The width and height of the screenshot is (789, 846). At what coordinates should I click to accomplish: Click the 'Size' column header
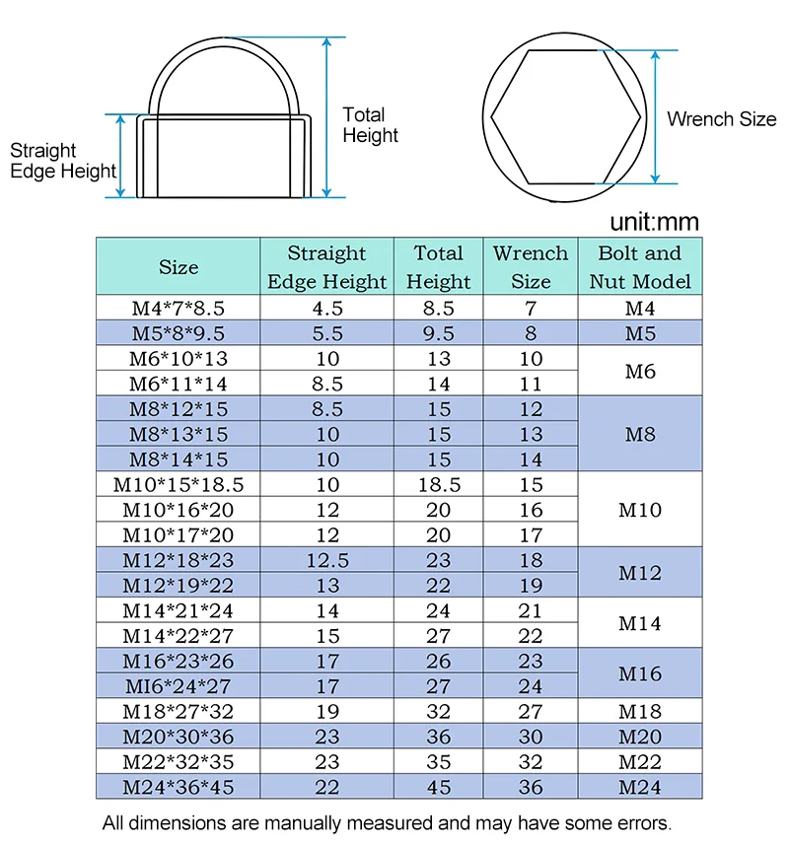point(179,267)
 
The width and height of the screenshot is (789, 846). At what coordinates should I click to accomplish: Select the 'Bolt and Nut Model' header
point(640,267)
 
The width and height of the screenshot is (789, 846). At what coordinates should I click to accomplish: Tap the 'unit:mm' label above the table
point(654,222)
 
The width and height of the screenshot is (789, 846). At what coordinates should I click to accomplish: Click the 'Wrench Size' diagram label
point(722,118)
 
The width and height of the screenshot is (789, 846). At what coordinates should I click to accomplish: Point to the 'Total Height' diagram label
point(370,124)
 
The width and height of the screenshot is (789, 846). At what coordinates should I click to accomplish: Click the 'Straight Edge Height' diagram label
point(62,161)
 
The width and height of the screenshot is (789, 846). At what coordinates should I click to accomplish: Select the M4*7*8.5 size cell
point(179,308)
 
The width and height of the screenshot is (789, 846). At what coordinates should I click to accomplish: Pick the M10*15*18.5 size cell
point(179,484)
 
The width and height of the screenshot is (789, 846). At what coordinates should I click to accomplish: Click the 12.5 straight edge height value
point(327,560)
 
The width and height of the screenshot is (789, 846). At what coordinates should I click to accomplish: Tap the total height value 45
point(438,787)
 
